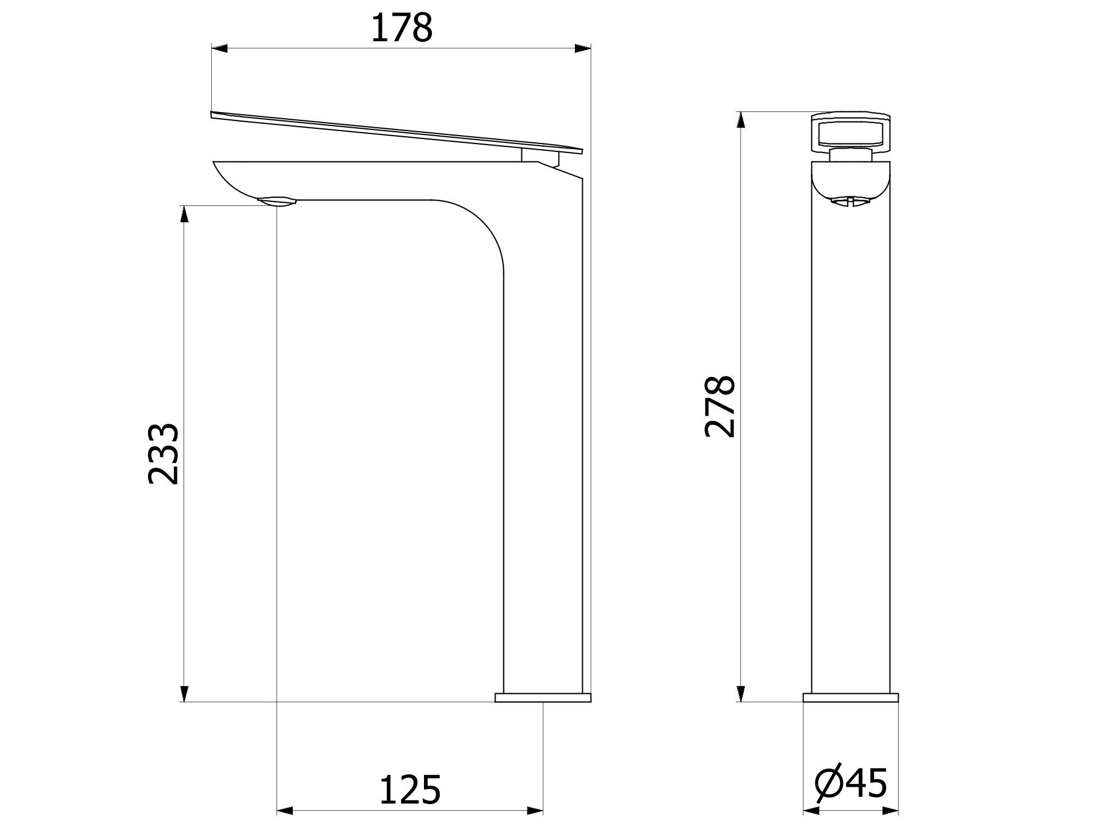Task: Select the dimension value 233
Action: coord(163,454)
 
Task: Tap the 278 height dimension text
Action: coord(719,407)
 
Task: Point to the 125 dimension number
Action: coord(409,789)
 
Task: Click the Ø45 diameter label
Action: coord(851,782)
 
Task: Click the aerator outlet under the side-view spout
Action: coord(276,201)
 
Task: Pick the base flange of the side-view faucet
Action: coord(543,698)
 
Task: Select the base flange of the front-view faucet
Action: coord(850,698)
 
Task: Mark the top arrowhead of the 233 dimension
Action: coord(184,214)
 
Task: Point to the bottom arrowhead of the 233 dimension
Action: coord(184,693)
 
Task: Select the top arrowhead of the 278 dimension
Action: coord(741,120)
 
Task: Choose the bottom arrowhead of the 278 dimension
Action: coord(741,693)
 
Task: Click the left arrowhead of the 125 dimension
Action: coord(285,811)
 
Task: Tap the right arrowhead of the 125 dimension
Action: coord(535,811)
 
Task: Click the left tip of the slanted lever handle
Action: coord(212,114)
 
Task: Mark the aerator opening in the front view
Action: coord(850,201)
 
